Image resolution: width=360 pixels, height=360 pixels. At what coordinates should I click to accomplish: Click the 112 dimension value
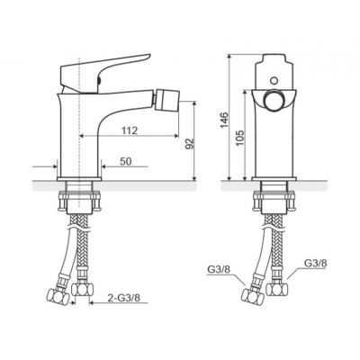(x=130, y=130)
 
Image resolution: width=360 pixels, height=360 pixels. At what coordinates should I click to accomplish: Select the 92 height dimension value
(x=190, y=144)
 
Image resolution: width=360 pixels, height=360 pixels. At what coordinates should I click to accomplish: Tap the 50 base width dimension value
(x=126, y=161)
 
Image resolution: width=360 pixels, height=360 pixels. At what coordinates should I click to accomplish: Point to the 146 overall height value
(x=225, y=120)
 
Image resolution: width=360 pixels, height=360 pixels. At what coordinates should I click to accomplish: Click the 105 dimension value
(x=240, y=138)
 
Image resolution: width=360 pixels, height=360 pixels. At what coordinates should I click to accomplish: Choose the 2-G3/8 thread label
(x=123, y=298)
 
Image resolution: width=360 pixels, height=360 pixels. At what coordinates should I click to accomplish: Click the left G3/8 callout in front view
(x=219, y=269)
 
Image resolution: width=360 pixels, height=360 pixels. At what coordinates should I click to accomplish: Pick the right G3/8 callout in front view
(x=315, y=263)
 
